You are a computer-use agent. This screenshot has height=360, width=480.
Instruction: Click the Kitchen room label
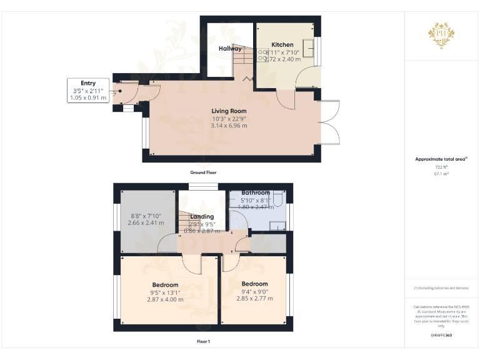(282, 45)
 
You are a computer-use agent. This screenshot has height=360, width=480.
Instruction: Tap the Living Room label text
(229, 111)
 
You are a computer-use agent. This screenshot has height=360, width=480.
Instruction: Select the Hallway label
(230, 48)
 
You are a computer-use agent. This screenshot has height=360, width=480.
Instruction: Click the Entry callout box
(88, 91)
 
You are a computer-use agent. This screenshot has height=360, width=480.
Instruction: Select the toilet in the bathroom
(279, 199)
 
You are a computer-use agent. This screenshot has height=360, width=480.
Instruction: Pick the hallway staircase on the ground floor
(243, 62)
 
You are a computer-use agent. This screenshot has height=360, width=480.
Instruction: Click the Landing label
(202, 217)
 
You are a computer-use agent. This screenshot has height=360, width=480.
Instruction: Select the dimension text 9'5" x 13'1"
(165, 292)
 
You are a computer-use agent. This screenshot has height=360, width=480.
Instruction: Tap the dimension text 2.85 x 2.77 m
(254, 299)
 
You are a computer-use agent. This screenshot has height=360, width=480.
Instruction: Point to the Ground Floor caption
(207, 172)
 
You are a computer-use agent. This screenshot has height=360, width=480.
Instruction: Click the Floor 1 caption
(203, 341)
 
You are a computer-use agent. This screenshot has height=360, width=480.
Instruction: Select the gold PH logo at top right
(441, 34)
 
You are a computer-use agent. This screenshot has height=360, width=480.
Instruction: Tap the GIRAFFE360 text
(441, 336)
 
